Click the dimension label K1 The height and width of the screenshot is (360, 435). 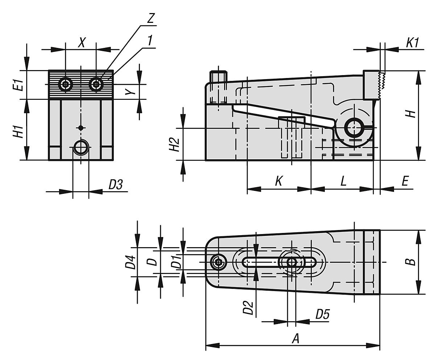pos(412,42)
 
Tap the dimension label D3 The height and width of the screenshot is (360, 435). pos(116,185)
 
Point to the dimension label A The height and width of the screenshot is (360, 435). pos(296,339)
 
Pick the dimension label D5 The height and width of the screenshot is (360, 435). pos(322,315)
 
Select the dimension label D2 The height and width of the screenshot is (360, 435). pos(248,306)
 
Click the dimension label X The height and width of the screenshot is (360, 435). pos(82,43)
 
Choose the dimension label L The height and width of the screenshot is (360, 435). pos(343,181)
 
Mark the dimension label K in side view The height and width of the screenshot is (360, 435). pos(278,181)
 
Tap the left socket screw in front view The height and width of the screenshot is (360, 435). pos(66,85)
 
